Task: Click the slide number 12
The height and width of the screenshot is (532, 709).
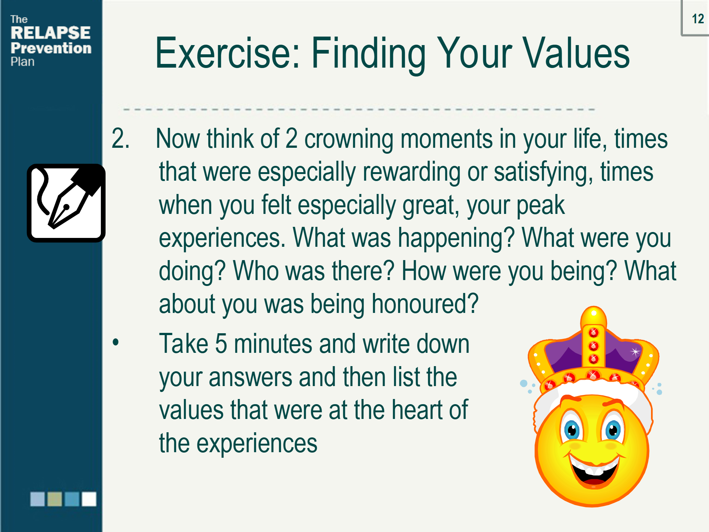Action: click(698, 19)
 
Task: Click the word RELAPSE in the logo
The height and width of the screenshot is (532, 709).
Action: click(51, 33)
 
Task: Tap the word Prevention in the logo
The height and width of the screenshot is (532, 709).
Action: click(51, 48)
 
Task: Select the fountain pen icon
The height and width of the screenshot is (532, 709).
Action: click(66, 203)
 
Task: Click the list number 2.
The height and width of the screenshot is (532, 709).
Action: click(120, 139)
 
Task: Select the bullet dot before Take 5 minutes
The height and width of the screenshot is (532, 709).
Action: click(116, 342)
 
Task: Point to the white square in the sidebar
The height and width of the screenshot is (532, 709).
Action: click(89, 499)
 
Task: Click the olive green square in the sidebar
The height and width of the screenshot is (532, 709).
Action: click(55, 499)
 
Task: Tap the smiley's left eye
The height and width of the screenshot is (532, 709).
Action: click(572, 428)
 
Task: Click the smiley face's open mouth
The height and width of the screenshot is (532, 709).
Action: click(594, 470)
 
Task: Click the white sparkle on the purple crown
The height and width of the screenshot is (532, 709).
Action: click(635, 351)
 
